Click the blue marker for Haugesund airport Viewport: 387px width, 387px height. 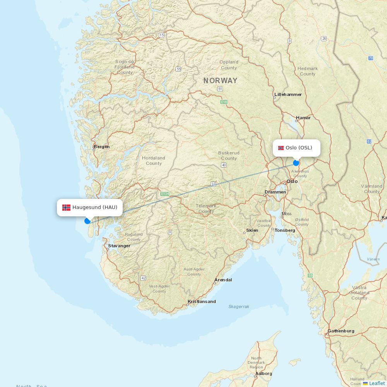(x=87, y=221)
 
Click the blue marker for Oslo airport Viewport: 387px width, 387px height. (x=296, y=163)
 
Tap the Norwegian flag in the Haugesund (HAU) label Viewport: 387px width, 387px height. (x=67, y=207)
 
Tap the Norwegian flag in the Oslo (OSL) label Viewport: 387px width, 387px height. (x=281, y=148)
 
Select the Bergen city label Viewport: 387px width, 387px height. (x=101, y=147)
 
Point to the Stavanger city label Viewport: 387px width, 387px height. (x=119, y=246)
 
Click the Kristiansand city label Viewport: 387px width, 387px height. (x=202, y=301)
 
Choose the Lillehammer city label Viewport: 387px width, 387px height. (x=288, y=94)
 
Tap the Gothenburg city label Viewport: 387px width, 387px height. (x=341, y=331)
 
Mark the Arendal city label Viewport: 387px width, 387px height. (x=223, y=280)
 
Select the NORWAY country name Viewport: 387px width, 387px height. (x=221, y=81)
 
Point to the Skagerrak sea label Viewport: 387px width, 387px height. (x=239, y=307)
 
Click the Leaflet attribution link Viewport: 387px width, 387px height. (x=377, y=383)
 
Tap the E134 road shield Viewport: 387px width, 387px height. (x=165, y=193)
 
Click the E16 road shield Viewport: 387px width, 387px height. (x=224, y=102)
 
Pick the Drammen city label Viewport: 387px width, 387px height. (x=275, y=192)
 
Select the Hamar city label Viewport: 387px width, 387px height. (x=303, y=118)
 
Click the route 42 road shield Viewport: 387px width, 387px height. (x=144, y=278)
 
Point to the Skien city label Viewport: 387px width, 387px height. (x=252, y=230)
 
